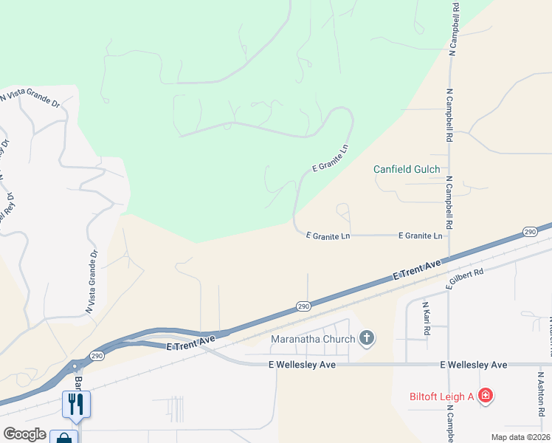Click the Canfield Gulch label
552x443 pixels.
click(x=406, y=169)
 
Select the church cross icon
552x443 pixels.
click(x=367, y=339)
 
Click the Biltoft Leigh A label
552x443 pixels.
click(x=441, y=396)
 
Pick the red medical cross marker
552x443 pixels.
click(x=485, y=396)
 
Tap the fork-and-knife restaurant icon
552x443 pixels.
click(x=75, y=403)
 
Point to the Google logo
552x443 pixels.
click(x=24, y=434)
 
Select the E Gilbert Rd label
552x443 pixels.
click(x=464, y=278)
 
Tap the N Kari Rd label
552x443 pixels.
click(x=427, y=318)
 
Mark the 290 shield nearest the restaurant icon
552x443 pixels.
click(x=97, y=356)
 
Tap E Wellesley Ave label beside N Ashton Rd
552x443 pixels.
click(x=474, y=365)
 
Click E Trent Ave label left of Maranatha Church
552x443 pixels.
click(x=190, y=342)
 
